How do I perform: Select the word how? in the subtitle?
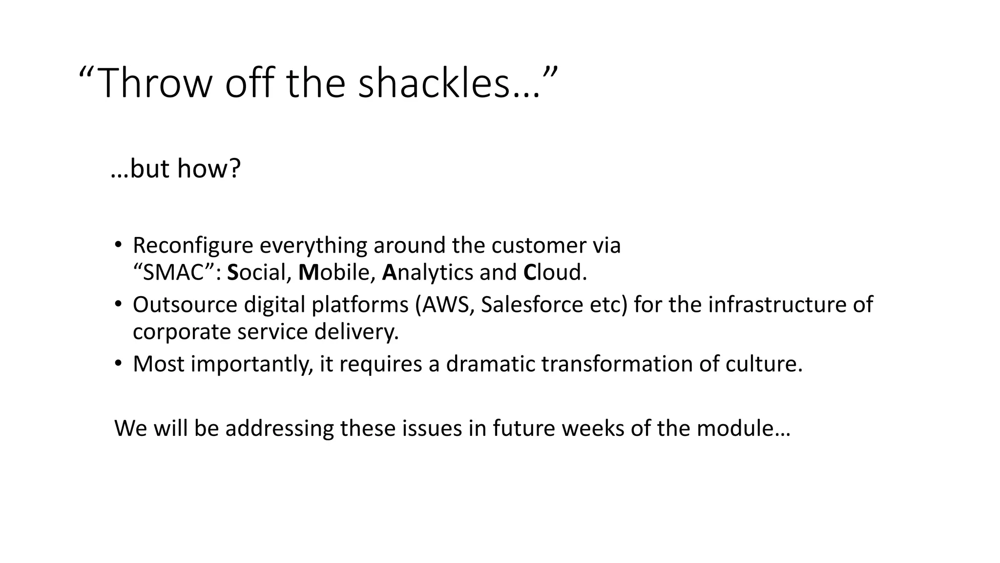point(209,169)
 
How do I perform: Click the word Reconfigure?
point(193,245)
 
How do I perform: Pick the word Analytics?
point(428,273)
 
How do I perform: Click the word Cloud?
point(555,273)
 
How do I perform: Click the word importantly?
point(252,365)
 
